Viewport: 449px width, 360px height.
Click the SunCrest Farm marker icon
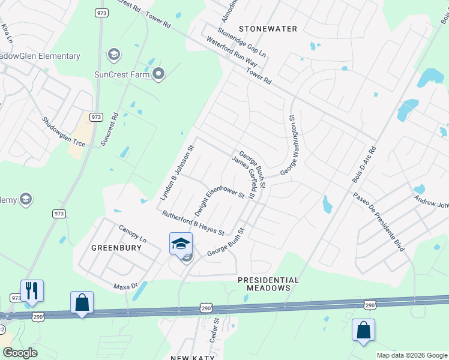158,74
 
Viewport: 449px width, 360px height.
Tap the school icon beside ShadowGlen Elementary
112,56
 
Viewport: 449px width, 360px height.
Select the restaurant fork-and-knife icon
32,290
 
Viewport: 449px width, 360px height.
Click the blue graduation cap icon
181,244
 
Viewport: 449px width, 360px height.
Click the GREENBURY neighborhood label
111,247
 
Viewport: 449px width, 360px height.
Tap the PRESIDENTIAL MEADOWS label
268,284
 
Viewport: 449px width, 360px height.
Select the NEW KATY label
190,358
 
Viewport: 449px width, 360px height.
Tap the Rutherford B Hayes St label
193,223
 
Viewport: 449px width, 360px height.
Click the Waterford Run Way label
232,53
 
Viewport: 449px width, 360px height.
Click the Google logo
20,352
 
